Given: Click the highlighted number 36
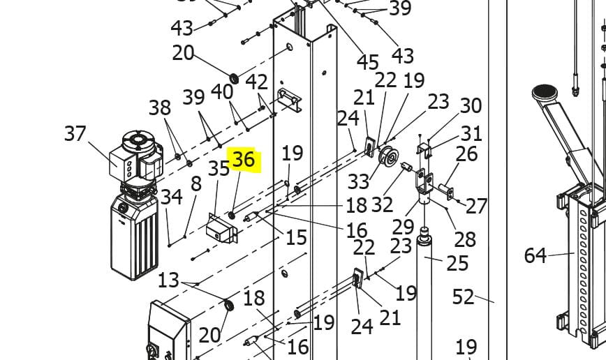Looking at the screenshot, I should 243,160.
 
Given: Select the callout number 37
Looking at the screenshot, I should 75,133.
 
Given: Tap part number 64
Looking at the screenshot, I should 535,255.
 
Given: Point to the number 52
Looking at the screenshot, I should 464,297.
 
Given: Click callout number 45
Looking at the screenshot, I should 368,61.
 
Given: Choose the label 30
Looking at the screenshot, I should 471,106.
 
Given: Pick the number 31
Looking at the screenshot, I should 471,133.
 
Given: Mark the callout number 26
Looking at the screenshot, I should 467,153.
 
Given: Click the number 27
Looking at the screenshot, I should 476,206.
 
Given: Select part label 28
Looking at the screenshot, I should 465,239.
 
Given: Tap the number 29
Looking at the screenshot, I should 403,226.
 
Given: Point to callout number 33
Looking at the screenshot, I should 358,182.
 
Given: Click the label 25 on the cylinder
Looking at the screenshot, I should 457,263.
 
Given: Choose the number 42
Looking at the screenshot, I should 257,82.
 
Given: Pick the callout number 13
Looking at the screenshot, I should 168,280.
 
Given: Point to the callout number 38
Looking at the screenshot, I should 159,107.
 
